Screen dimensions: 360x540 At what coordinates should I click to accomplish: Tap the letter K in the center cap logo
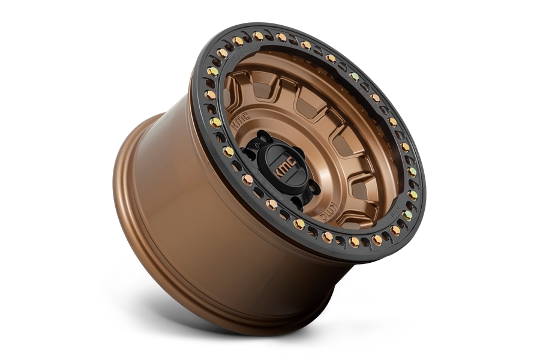(279, 171)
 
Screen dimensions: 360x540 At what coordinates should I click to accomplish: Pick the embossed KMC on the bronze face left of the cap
(239, 122)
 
